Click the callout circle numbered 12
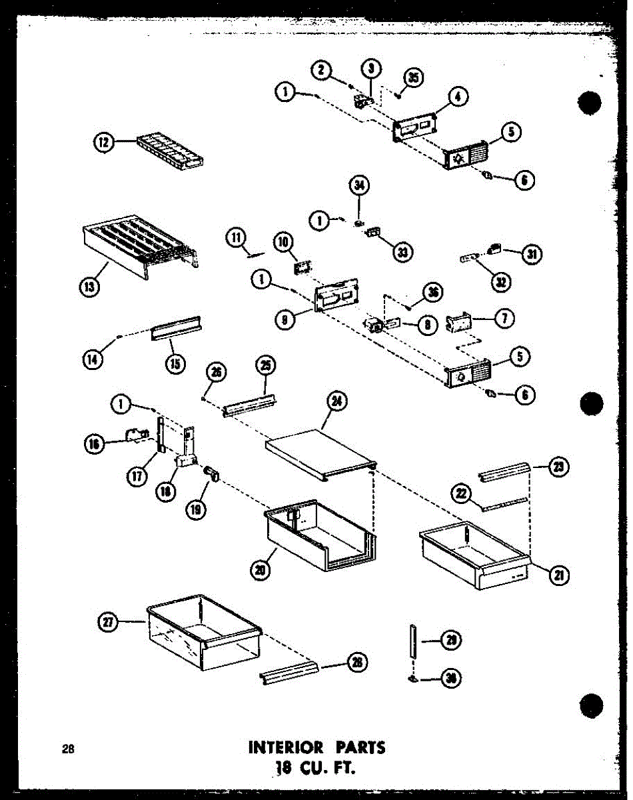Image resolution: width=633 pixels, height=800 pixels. click(105, 141)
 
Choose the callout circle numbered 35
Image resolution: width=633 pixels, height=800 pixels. click(414, 78)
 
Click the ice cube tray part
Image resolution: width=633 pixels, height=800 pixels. click(170, 149)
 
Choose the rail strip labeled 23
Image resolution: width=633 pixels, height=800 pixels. click(504, 473)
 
